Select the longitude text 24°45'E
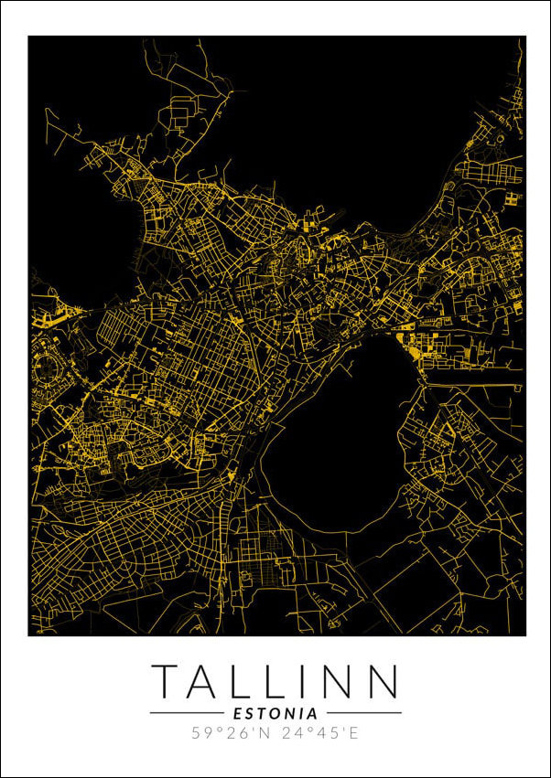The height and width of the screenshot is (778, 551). coord(320,733)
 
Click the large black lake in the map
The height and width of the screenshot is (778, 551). coord(339,439)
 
